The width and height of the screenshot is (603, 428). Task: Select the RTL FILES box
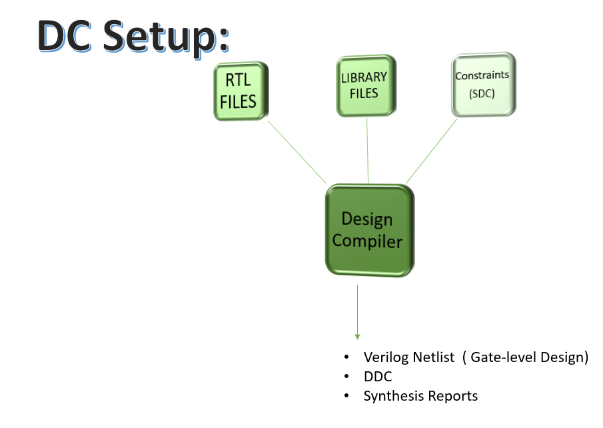[240, 92]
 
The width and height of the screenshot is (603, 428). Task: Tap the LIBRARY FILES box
[364, 85]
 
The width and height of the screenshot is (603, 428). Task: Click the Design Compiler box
[368, 230]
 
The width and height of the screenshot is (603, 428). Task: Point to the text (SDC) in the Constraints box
[482, 93]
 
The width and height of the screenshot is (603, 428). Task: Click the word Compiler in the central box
[367, 241]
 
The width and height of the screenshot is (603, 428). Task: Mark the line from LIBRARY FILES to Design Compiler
[367, 150]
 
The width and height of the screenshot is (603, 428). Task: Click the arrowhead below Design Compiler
[357, 337]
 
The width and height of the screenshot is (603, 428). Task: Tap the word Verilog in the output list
[384, 357]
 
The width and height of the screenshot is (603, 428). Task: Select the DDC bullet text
[377, 377]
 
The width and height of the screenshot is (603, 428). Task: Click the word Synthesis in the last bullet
[392, 396]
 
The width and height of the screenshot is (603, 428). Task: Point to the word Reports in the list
[452, 396]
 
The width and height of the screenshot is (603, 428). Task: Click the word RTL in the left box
[239, 81]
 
